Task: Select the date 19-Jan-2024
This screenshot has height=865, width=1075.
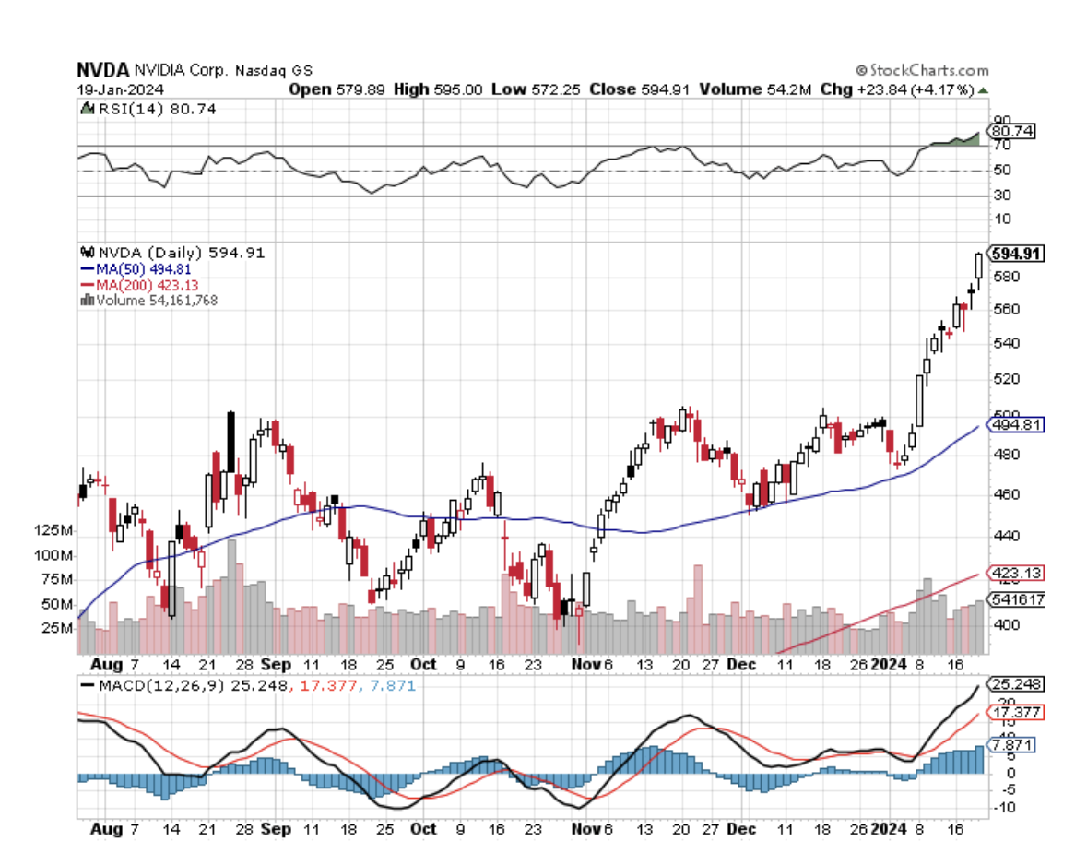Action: [x=112, y=89]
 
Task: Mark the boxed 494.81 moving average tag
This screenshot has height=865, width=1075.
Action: [x=1011, y=425]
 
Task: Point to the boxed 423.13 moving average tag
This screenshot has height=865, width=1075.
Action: [x=1011, y=573]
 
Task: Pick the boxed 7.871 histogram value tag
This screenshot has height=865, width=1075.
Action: [x=1010, y=744]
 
